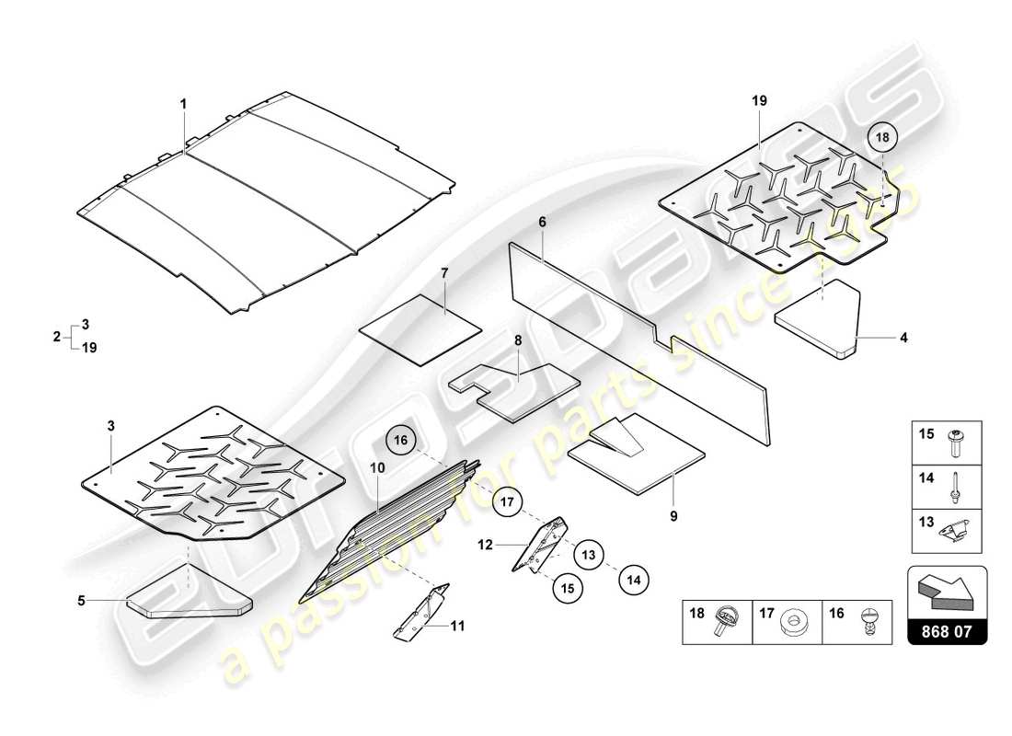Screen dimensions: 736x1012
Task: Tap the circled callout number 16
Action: [401, 441]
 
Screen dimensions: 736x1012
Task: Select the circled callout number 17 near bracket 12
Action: [504, 502]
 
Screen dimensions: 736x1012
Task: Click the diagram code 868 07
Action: [948, 631]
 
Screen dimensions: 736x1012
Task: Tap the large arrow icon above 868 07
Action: [947, 590]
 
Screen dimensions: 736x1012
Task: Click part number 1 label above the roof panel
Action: [182, 105]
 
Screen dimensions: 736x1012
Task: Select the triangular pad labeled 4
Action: [818, 322]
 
